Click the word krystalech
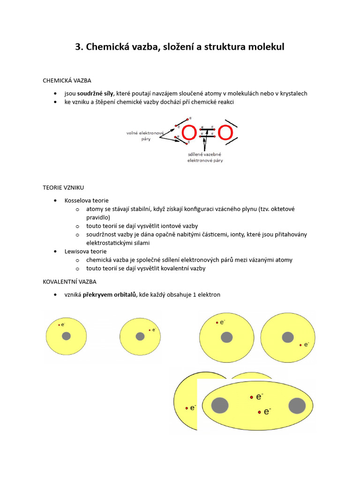tap(292, 93)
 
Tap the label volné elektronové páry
tap(144, 136)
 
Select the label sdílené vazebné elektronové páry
tap(205, 157)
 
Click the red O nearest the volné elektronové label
tap(189, 133)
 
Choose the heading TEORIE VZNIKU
tap(63, 187)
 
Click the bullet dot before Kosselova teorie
tap(56, 201)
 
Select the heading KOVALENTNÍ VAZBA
tap(69, 281)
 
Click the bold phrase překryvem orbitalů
tap(109, 294)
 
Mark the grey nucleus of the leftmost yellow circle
tap(66, 336)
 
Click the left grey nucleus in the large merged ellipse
tap(219, 405)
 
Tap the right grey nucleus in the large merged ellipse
tap(297, 405)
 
